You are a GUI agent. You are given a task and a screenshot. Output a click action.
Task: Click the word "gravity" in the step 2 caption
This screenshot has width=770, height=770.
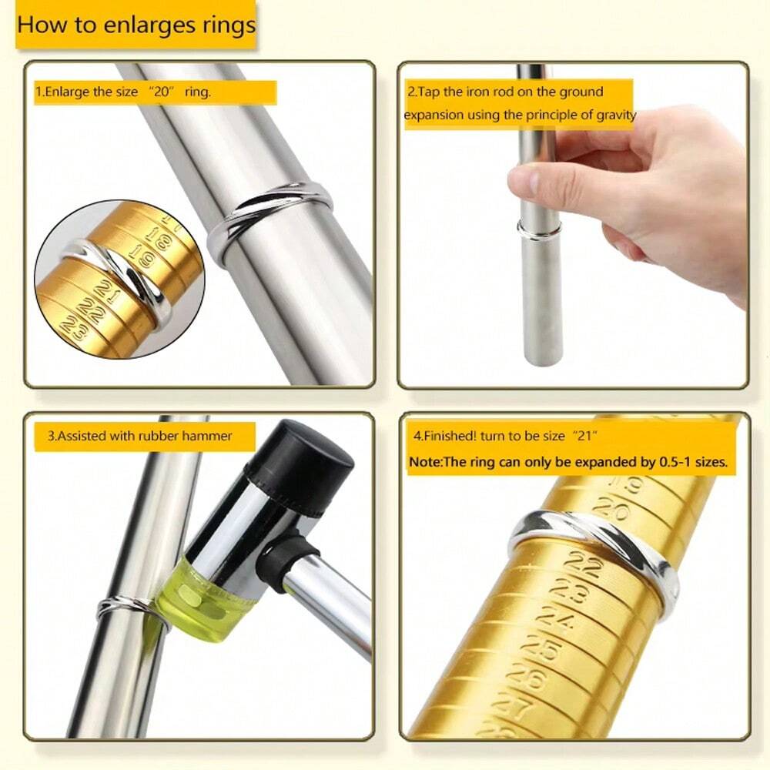[x=610, y=115]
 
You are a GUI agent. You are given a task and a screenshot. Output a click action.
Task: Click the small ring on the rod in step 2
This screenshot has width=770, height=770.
[x=539, y=229]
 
